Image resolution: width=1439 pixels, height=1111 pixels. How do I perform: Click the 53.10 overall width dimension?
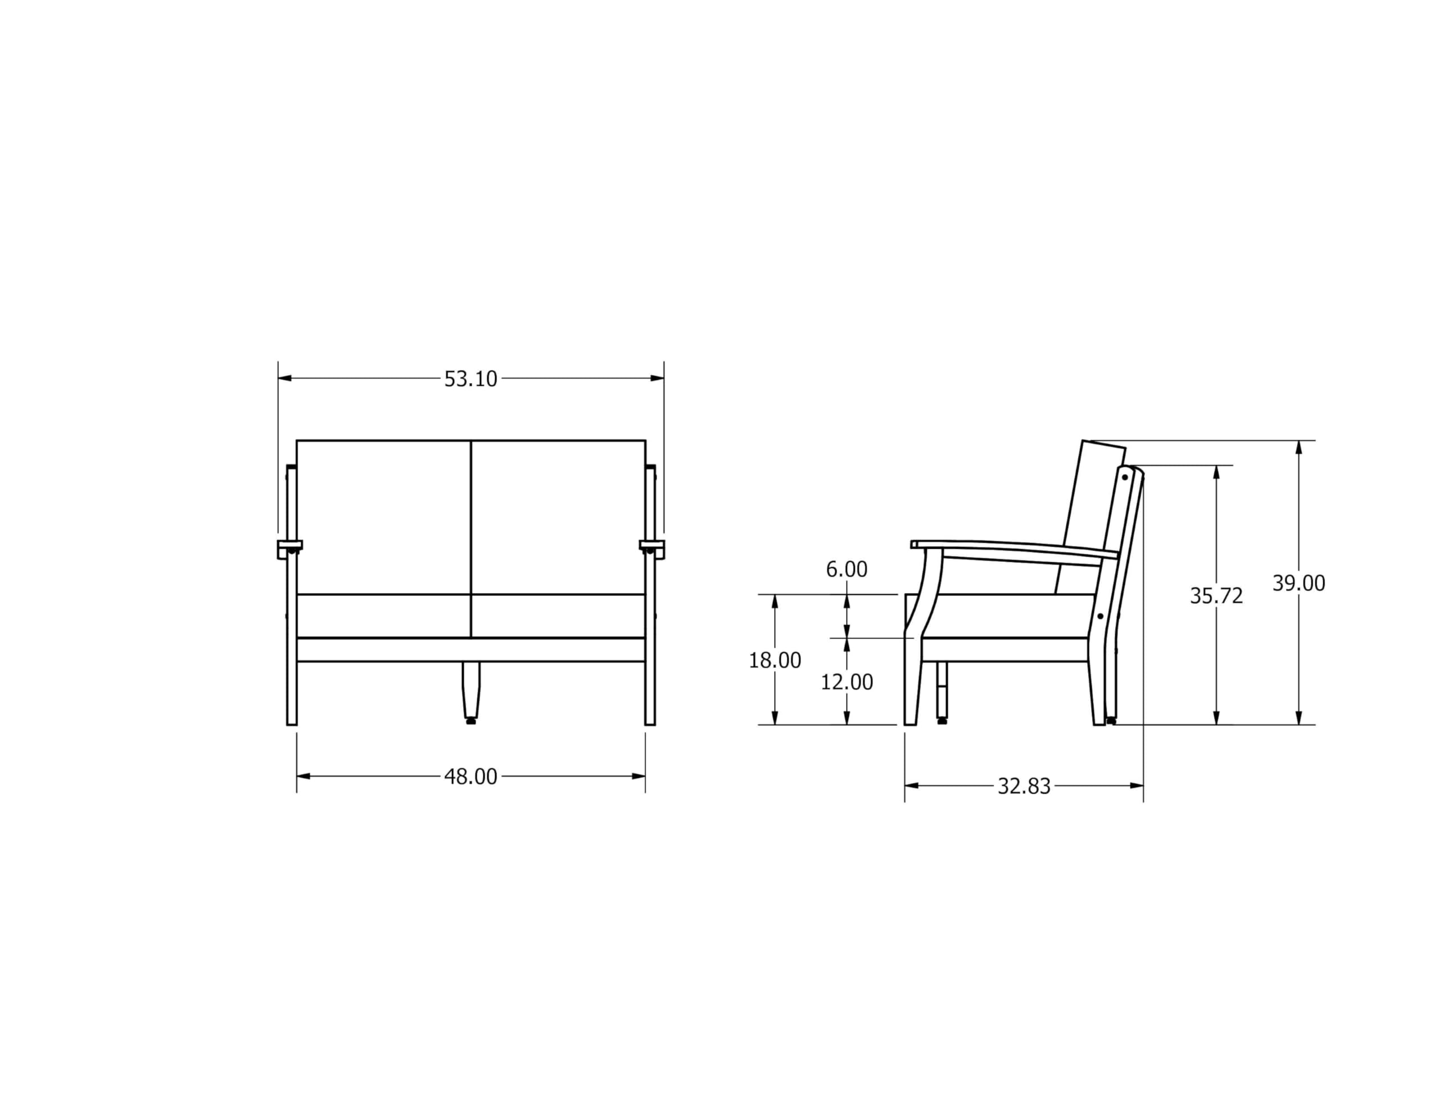coord(470,379)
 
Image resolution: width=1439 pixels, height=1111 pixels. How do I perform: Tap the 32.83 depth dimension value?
coord(1024,786)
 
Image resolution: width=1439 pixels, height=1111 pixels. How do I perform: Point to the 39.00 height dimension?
coord(1298,584)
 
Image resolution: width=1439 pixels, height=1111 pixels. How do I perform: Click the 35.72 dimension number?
coord(1216,596)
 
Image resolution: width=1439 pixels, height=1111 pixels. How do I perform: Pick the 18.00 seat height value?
coord(775,661)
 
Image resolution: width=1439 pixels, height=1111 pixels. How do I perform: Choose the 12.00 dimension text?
coord(847,682)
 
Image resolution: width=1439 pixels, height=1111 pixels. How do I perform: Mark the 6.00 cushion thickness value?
coord(847,570)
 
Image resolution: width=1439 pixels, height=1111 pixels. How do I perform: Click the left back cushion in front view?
coord(384,517)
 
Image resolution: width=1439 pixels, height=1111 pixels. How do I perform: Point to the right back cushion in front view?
coord(558,517)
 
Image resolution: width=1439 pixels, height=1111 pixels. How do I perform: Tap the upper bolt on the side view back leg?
coord(1125,477)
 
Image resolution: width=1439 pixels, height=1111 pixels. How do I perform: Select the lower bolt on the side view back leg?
coord(1101,616)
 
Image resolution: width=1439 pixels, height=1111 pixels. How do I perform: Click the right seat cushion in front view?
coord(558,616)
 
